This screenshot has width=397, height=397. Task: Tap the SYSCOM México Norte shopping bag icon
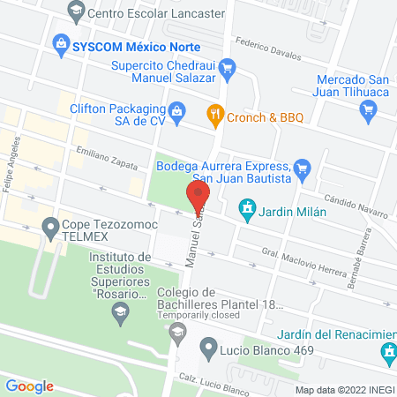(61, 41)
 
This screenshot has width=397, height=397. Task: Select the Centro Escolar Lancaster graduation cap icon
(75, 12)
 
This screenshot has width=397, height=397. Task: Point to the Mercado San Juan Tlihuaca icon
(369, 109)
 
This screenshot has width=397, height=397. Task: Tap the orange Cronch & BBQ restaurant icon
(213, 114)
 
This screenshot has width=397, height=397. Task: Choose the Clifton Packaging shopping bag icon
(176, 110)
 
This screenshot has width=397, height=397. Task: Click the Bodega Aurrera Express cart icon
(302, 165)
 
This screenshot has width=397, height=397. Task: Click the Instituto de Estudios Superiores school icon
(121, 309)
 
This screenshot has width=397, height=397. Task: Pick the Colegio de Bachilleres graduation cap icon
(177, 332)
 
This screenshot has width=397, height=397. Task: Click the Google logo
(29, 386)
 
